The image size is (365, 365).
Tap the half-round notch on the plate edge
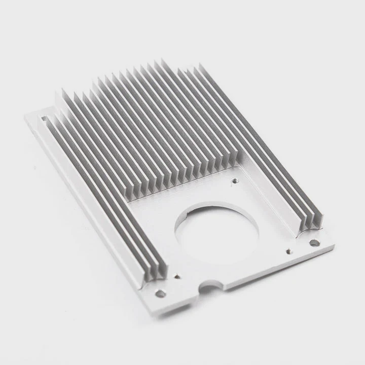point(209,287)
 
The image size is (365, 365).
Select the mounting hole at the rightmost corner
point(314,243)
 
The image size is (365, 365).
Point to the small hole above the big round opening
point(234,179)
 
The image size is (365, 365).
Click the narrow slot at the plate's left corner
point(44,120)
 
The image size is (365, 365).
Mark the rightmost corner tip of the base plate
point(334,246)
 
